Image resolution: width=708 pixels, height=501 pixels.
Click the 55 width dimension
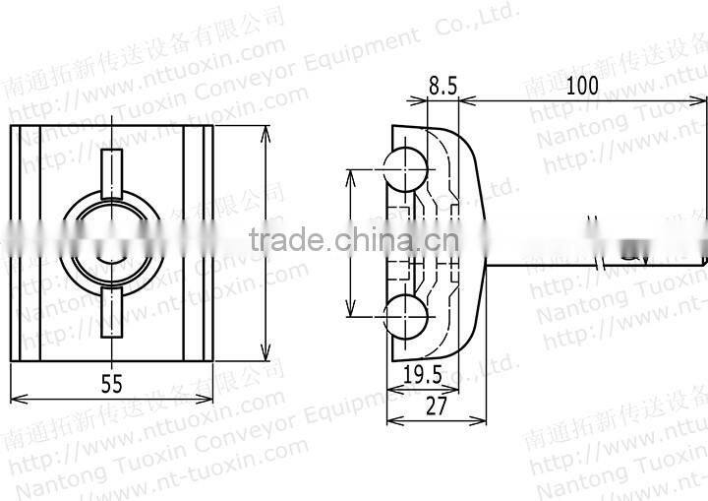[x=111, y=385]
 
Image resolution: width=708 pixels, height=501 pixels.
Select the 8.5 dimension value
[x=442, y=86]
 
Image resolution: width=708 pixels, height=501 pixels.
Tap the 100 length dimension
[x=582, y=86]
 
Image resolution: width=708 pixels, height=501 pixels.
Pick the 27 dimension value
[x=436, y=405]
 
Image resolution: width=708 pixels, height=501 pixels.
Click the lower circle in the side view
[x=403, y=317]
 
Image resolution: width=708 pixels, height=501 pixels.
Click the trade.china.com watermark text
[x=354, y=239]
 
